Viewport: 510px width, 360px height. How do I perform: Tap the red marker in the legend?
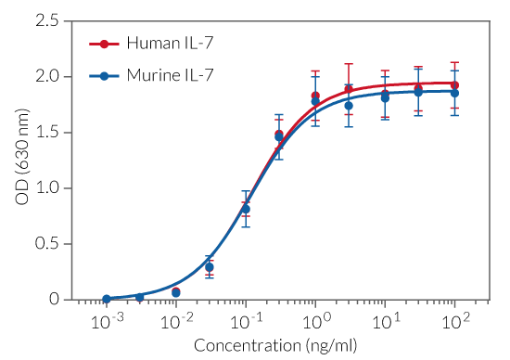(105, 44)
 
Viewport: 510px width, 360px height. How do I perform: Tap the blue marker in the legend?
(105, 75)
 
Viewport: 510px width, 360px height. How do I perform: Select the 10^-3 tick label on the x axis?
(106, 320)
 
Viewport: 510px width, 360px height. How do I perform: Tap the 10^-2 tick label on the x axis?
(175, 320)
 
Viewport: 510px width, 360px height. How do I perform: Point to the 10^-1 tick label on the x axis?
(245, 320)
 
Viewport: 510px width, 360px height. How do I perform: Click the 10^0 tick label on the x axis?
(315, 320)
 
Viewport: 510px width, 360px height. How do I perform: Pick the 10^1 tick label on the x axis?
(385, 320)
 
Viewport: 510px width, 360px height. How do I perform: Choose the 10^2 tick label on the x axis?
(454, 320)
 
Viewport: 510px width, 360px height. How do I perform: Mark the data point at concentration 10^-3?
(107, 299)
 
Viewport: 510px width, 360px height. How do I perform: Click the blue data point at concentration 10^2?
(454, 93)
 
